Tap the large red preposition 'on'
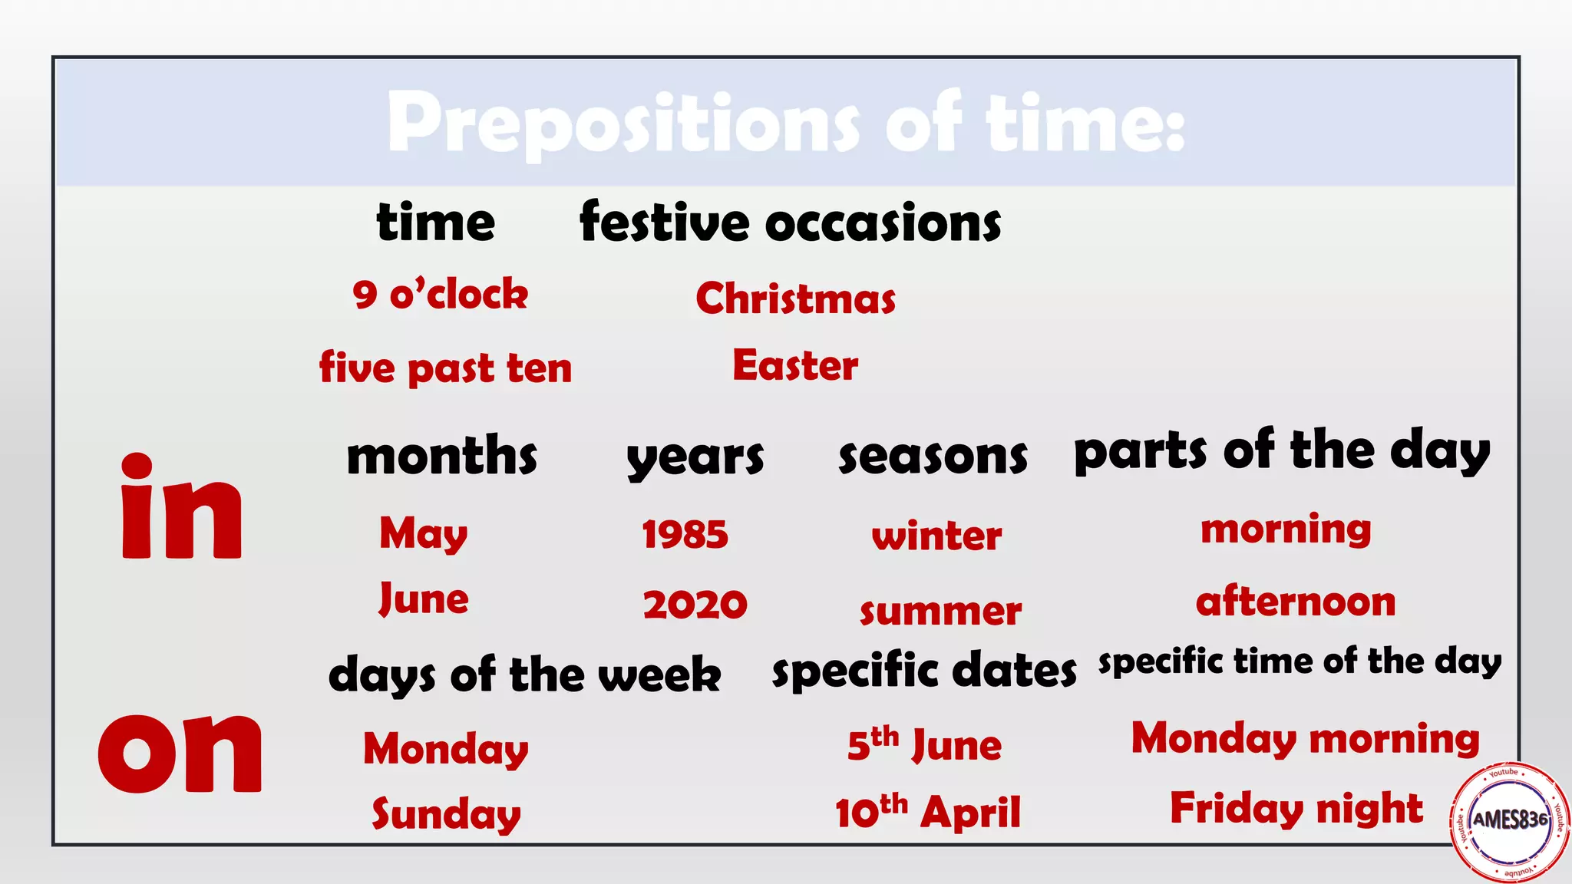(x=180, y=752)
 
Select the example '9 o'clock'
(x=441, y=295)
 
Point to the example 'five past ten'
(x=446, y=368)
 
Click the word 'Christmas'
(x=796, y=299)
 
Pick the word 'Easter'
(x=795, y=365)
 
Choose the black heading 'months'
(x=442, y=456)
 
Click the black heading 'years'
(x=695, y=458)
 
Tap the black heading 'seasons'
(x=933, y=457)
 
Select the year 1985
(x=685, y=534)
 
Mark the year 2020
(x=695, y=604)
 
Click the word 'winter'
(x=936, y=536)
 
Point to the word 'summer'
(x=940, y=612)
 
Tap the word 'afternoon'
(x=1296, y=602)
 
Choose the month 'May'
(x=424, y=533)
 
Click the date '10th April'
(x=928, y=812)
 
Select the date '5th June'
(x=925, y=744)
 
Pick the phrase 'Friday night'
(x=1296, y=808)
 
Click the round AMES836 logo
(x=1509, y=820)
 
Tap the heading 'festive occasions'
(x=791, y=223)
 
